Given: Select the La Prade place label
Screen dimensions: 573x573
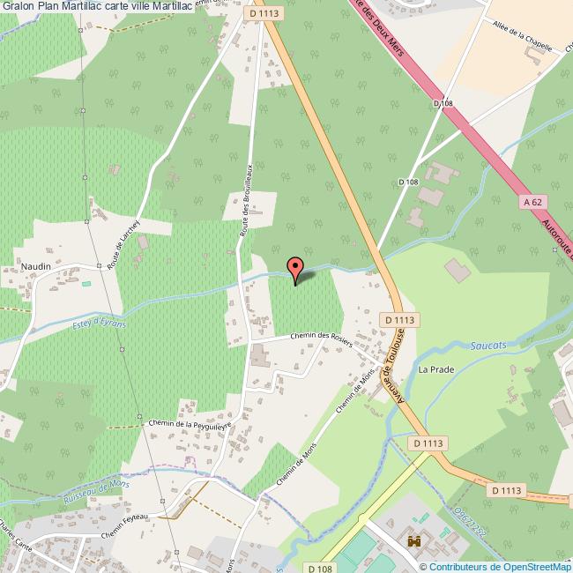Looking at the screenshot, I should click(x=435, y=369).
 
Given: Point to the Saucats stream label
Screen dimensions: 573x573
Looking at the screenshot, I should click(x=488, y=345).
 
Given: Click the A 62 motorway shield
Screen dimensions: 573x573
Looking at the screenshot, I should click(x=530, y=203).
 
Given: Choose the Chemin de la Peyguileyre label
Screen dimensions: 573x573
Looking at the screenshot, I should click(x=190, y=423).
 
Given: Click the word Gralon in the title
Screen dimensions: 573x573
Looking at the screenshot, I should click(x=18, y=6).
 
